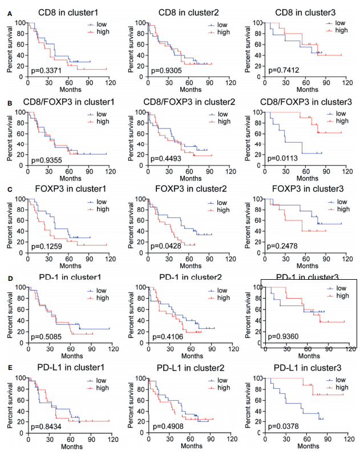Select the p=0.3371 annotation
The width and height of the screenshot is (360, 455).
tap(47, 70)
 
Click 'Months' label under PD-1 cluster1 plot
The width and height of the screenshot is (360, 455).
tap(70, 356)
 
